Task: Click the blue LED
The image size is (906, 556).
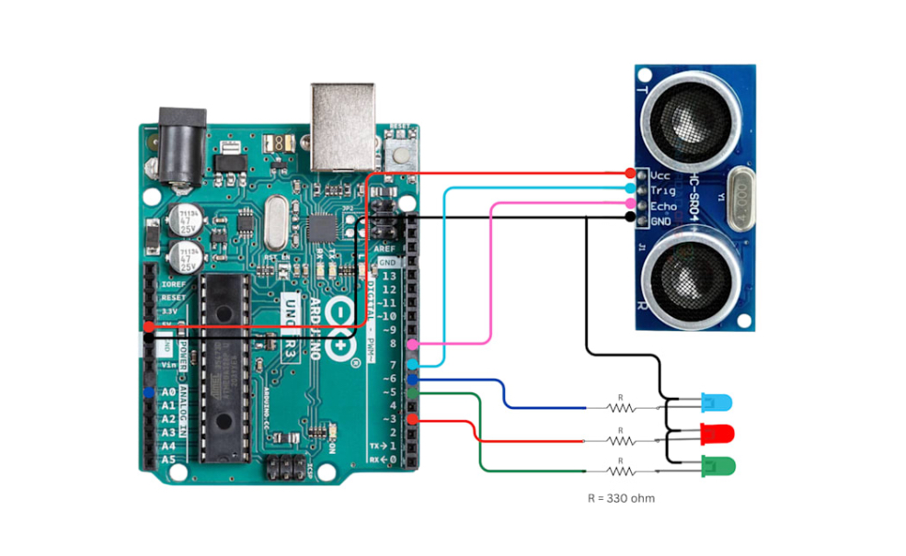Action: point(717,403)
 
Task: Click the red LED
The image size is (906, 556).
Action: point(717,433)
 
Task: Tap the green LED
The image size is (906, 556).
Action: point(717,466)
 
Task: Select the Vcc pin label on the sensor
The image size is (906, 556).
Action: point(660,175)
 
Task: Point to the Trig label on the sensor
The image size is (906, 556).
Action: point(662,189)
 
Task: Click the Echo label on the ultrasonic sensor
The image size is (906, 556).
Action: point(663,205)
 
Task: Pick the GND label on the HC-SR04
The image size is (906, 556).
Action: point(661,221)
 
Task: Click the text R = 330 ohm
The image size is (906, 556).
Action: point(621,498)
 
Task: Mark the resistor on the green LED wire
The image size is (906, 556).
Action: point(621,471)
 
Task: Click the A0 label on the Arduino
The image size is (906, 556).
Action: point(167,392)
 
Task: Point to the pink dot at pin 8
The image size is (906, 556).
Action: point(413,345)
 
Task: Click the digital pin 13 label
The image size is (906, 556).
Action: point(389,276)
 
